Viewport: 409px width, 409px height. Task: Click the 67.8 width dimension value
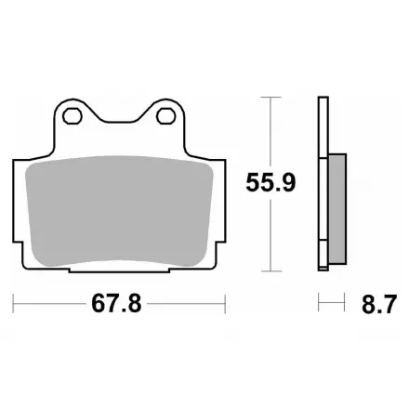tap(116, 304)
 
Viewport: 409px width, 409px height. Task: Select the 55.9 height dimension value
tap(270, 182)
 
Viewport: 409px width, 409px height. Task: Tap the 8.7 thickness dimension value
tap(379, 304)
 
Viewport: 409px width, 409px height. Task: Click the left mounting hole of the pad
tap(73, 116)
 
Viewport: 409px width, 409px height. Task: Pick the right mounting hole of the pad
tap(166, 116)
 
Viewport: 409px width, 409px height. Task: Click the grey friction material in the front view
tap(119, 211)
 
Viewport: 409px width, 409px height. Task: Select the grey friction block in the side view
tap(337, 209)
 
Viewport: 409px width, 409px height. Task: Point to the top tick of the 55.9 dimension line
tap(270, 97)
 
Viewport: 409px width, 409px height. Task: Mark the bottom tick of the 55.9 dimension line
tap(270, 271)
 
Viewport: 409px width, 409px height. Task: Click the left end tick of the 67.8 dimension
tap(13, 304)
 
